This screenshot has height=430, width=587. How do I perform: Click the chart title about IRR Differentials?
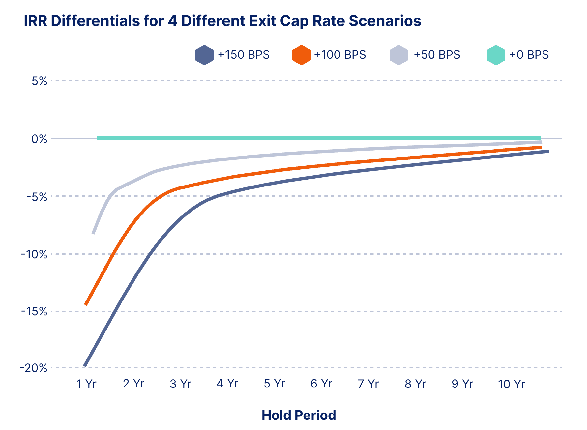click(x=222, y=21)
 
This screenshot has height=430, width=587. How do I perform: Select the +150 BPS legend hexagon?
click(x=204, y=55)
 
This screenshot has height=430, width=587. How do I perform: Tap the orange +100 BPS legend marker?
click(x=301, y=55)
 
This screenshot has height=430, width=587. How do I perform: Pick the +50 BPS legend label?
click(x=437, y=55)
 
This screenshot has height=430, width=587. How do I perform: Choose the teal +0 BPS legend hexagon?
click(x=496, y=55)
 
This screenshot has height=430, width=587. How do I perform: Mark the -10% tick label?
click(x=34, y=254)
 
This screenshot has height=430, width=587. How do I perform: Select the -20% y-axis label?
click(x=34, y=368)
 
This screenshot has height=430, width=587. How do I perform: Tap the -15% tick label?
click(x=34, y=312)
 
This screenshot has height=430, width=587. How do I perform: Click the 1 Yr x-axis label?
click(x=86, y=384)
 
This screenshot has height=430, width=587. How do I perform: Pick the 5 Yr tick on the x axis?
click(x=274, y=384)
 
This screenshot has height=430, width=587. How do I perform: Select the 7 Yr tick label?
click(x=368, y=384)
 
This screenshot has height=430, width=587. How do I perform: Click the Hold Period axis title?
click(x=299, y=415)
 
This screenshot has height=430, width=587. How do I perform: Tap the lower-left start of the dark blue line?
click(x=85, y=365)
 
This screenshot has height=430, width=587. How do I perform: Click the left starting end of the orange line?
click(x=86, y=304)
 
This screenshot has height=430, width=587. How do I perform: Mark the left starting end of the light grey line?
click(x=94, y=233)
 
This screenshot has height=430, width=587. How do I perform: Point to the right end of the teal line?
click(x=540, y=138)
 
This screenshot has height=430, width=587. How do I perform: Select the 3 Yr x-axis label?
click(x=180, y=384)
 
